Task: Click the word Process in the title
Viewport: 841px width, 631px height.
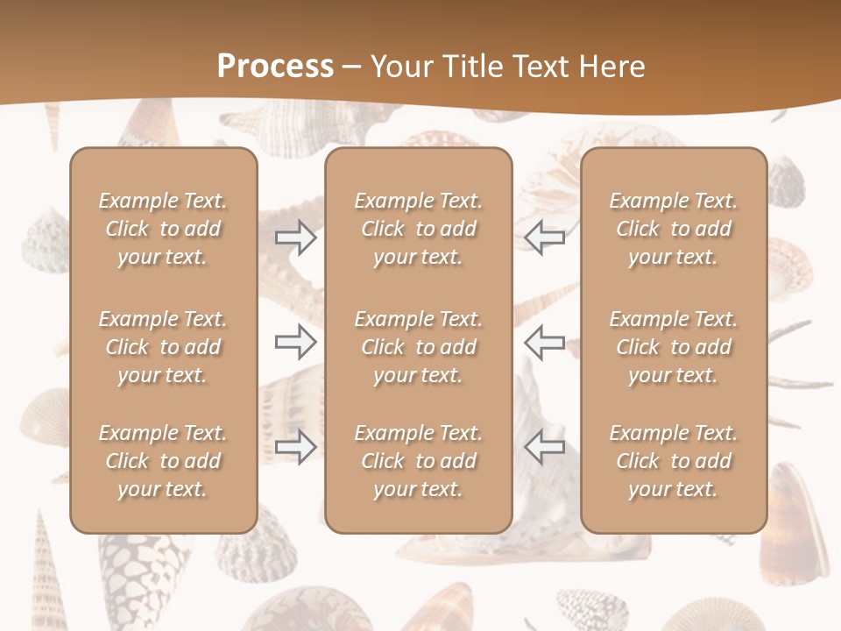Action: pyautogui.click(x=275, y=67)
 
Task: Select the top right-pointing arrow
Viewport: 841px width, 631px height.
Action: pyautogui.click(x=296, y=238)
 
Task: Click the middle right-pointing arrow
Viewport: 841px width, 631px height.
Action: pyautogui.click(x=296, y=342)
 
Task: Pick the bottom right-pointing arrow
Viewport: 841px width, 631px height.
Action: pyautogui.click(x=296, y=447)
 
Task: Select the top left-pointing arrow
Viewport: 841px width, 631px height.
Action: pyautogui.click(x=544, y=238)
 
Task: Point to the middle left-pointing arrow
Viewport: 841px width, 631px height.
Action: pyautogui.click(x=544, y=342)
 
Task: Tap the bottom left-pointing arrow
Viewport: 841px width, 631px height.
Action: pyautogui.click(x=544, y=447)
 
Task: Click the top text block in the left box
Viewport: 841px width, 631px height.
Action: pyautogui.click(x=163, y=229)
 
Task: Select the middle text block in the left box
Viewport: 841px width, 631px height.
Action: pyautogui.click(x=163, y=347)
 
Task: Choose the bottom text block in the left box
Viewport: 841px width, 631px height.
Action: pyautogui.click(x=163, y=461)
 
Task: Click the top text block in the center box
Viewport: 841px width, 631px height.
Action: pyautogui.click(x=419, y=229)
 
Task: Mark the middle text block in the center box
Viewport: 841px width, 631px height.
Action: pyautogui.click(x=419, y=347)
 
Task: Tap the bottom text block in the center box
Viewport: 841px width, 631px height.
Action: pyautogui.click(x=419, y=461)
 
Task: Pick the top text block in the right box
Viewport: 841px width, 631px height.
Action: pyautogui.click(x=674, y=229)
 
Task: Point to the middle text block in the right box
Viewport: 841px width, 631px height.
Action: pyautogui.click(x=674, y=347)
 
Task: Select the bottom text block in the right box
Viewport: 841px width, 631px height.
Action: pyautogui.click(x=674, y=461)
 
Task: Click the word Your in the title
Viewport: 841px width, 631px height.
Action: pyautogui.click(x=399, y=67)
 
